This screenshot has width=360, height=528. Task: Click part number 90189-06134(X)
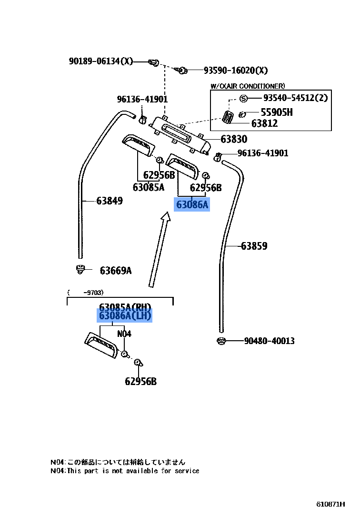click(101, 61)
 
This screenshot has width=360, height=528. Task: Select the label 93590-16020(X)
click(235, 71)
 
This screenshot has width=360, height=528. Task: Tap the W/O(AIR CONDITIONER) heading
click(248, 86)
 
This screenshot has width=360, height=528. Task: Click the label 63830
click(234, 139)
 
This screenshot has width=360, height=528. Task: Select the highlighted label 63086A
click(192, 205)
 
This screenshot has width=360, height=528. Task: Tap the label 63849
click(109, 201)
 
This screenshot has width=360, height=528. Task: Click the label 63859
click(254, 246)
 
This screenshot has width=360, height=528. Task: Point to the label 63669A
click(115, 271)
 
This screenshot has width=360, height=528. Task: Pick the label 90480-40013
click(269, 341)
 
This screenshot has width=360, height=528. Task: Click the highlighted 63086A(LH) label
click(125, 315)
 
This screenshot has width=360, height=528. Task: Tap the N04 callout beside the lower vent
click(124, 334)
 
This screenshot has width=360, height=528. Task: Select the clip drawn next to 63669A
click(80, 269)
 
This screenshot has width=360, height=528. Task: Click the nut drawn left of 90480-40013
click(220, 341)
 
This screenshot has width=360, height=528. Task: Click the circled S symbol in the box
click(243, 99)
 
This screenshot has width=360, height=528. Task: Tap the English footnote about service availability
click(125, 471)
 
